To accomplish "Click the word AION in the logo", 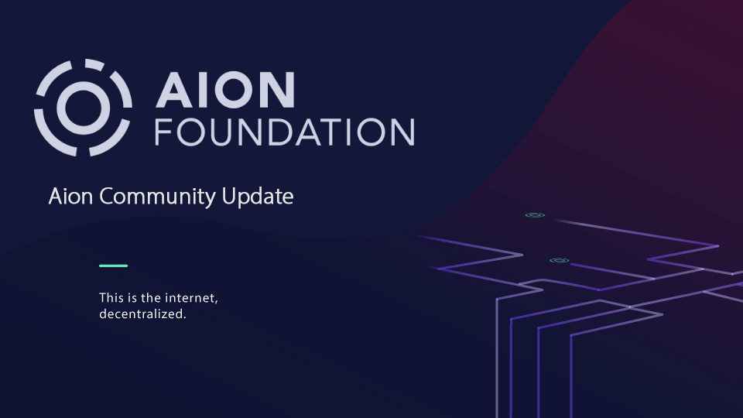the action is click(225, 90).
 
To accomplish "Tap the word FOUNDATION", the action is click(285, 132).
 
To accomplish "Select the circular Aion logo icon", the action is click(83, 108).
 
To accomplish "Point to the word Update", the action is click(258, 197).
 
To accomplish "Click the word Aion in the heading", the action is click(70, 196).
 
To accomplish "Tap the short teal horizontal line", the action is click(113, 266).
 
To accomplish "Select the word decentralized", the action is click(142, 313).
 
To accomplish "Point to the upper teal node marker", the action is click(535, 215).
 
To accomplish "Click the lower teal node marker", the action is click(559, 261).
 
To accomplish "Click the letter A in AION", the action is click(174, 90).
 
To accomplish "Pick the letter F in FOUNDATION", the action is click(163, 132).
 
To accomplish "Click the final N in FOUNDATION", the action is click(402, 132).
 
